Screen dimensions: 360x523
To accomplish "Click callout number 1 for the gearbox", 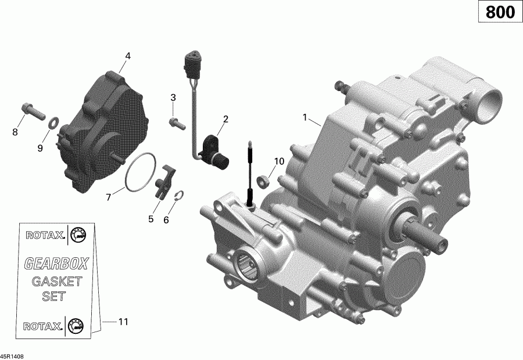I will click(x=305, y=117).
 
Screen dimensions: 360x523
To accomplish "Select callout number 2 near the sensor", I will click(x=225, y=120).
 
